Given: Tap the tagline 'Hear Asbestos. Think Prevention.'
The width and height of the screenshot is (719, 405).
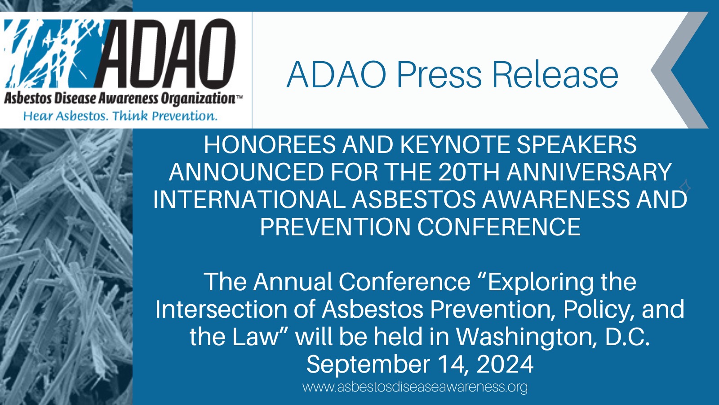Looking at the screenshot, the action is (x=120, y=116).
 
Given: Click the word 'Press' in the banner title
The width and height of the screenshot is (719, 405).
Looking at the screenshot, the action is (x=439, y=75).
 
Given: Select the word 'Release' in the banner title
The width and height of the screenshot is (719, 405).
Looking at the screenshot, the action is (x=555, y=75).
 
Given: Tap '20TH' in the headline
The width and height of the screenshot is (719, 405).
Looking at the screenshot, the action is (x=469, y=172).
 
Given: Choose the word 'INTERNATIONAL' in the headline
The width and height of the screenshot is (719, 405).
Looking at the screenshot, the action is (x=249, y=200).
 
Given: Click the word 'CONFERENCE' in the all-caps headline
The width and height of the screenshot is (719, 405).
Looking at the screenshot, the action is (x=499, y=227).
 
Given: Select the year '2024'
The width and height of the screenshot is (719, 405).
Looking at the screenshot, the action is (x=505, y=364).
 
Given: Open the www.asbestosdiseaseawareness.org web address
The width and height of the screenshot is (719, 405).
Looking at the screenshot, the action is (x=415, y=387).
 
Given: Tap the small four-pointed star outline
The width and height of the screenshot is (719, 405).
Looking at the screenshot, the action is (x=685, y=187).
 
